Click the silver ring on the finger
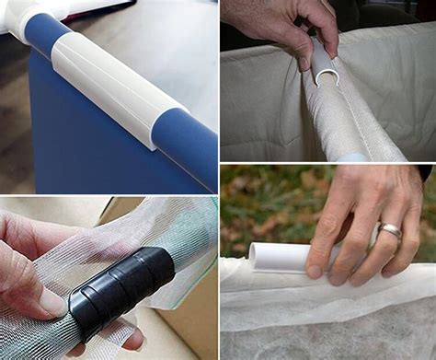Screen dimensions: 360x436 pos(389,230)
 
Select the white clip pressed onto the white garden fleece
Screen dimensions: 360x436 pos(285,257)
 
